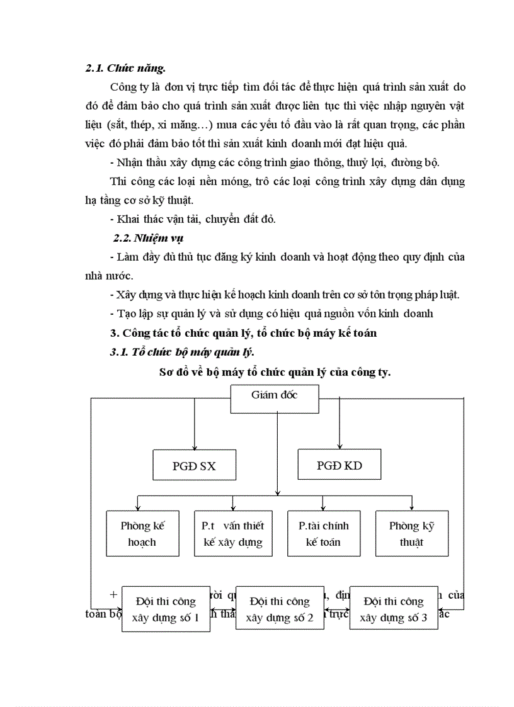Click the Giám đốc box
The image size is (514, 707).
click(275, 396)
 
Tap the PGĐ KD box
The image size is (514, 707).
click(340, 466)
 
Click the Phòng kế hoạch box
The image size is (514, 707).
click(142, 533)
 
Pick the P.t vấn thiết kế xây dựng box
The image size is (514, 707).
click(233, 533)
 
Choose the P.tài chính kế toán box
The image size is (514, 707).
click(323, 533)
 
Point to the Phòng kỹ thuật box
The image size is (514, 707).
click(411, 533)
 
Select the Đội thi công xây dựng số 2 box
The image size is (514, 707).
click(280, 609)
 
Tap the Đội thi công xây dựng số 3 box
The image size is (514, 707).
click(394, 609)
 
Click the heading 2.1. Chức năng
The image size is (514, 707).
click(125, 68)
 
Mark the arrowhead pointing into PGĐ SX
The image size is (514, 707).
click(195, 446)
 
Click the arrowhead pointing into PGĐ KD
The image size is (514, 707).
click(340, 446)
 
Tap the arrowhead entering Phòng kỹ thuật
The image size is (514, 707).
click(411, 507)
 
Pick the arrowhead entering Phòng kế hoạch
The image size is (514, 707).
click(138, 507)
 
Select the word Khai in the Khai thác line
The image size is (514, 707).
click(127, 219)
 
